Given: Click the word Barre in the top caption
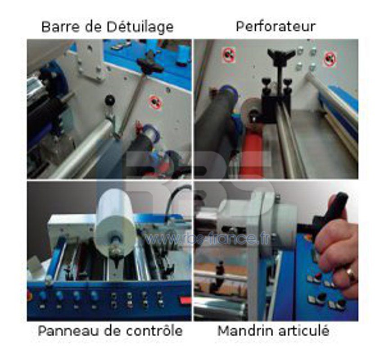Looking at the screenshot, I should tap(58, 27).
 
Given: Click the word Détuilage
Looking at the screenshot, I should tap(140, 27).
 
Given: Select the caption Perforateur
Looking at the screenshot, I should tap(276, 26).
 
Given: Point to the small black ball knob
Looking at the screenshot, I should tap(109, 100).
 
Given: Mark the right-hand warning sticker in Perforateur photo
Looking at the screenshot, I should tap(330, 58).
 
